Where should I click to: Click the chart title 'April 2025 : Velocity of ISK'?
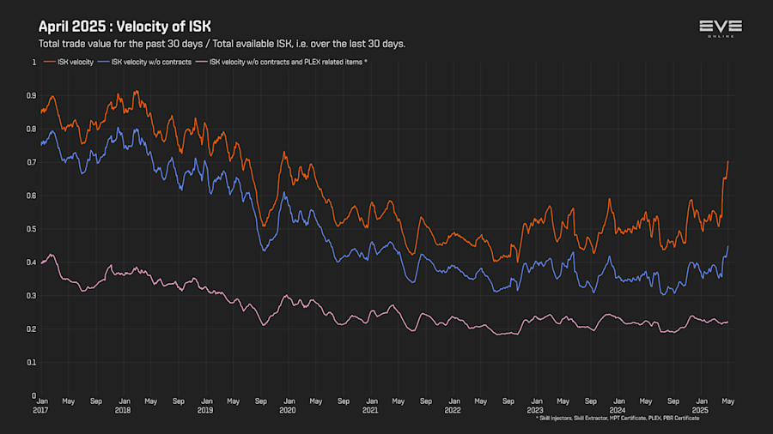(125, 27)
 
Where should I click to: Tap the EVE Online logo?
(721, 29)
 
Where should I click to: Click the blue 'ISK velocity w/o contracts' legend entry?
(147, 62)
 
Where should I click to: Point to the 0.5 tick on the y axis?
(32, 229)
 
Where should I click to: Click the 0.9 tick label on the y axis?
(32, 96)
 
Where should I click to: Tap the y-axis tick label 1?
(34, 63)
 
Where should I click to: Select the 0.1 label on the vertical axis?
(32, 362)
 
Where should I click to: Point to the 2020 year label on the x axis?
(288, 410)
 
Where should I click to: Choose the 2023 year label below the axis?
(535, 410)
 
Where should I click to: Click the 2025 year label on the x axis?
(700, 410)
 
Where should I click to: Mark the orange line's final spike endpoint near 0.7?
(728, 161)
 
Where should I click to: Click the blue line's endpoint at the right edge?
(728, 247)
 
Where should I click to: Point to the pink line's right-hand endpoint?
(728, 322)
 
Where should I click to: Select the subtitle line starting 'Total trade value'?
(222, 44)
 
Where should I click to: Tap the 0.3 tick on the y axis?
(32, 296)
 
